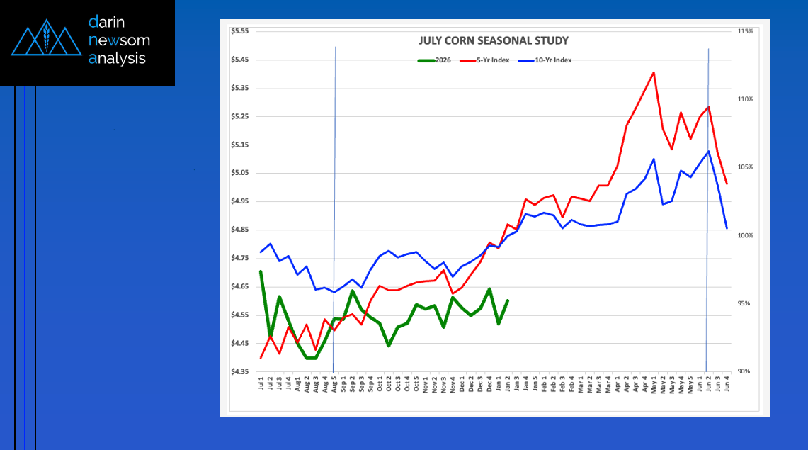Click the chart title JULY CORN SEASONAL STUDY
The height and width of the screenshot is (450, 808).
tap(494, 41)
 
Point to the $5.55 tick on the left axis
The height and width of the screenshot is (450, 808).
tap(240, 32)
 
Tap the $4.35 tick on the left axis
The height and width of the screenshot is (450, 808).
tap(240, 371)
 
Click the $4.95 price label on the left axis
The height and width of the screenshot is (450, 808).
tap(240, 201)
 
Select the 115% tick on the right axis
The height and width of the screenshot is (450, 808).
tap(745, 32)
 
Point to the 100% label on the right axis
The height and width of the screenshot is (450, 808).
tap(745, 235)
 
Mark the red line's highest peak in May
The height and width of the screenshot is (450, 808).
tap(653, 72)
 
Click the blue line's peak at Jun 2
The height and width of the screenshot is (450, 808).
tap(708, 151)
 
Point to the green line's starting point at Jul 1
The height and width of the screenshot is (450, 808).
tap(261, 271)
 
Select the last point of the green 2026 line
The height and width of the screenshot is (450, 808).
tap(508, 300)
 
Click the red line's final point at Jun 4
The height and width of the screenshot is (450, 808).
tap(727, 184)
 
